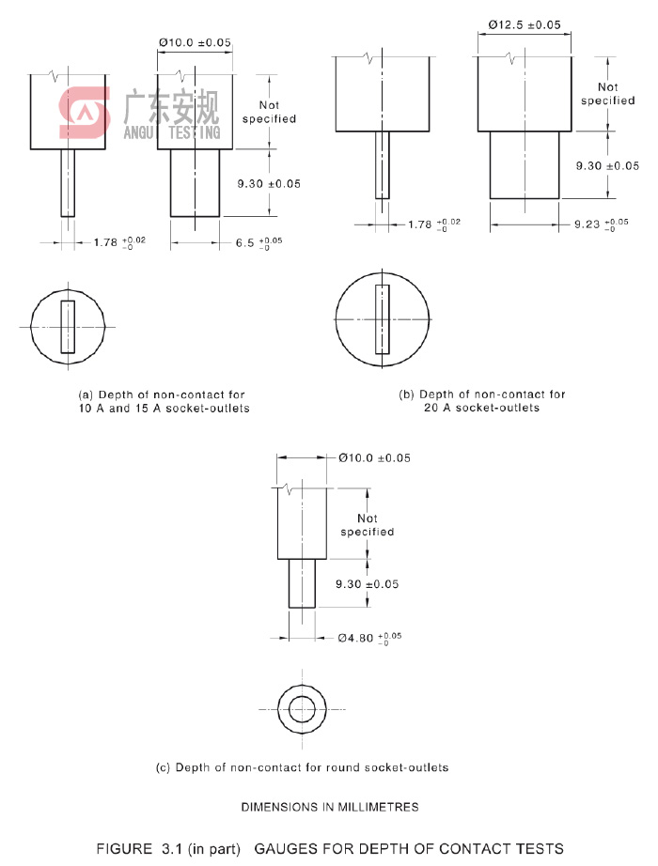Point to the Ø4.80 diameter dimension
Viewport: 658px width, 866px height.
click(x=369, y=638)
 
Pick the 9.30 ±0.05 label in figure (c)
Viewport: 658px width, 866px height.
click(x=368, y=584)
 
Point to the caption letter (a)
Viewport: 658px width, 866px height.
click(x=86, y=395)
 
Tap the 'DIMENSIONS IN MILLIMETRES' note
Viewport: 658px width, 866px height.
click(x=330, y=807)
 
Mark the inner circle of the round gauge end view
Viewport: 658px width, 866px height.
click(x=302, y=709)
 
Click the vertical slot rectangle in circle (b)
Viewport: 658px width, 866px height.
click(x=382, y=319)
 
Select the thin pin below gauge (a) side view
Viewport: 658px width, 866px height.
click(x=68, y=183)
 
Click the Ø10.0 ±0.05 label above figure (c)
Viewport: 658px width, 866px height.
click(x=375, y=458)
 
